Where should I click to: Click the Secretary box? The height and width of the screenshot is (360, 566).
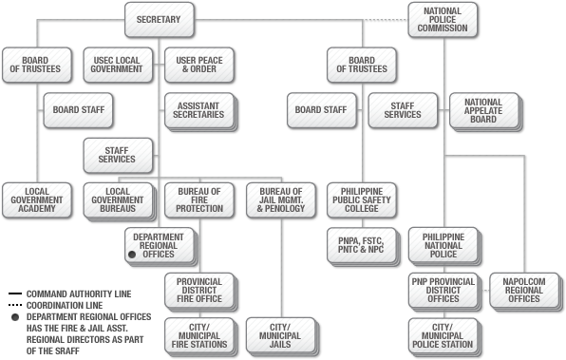click(x=159, y=20)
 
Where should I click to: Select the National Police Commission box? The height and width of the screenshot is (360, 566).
click(x=443, y=20)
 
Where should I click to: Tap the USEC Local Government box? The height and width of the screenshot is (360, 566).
click(x=116, y=64)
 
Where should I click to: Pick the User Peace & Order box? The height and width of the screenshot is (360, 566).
click(x=198, y=64)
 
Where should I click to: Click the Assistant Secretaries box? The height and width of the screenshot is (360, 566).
click(x=198, y=110)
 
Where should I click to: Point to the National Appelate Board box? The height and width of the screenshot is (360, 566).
click(x=483, y=110)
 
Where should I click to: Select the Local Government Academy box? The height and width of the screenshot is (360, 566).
click(x=36, y=199)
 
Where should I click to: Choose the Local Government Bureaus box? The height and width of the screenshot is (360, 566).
click(x=118, y=199)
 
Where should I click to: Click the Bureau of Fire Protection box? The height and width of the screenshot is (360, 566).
click(x=198, y=199)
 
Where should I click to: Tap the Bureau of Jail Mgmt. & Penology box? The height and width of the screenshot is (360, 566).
click(x=280, y=199)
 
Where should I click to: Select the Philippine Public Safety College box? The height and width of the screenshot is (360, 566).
click(x=362, y=199)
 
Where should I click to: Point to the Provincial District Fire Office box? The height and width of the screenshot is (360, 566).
click(x=198, y=289)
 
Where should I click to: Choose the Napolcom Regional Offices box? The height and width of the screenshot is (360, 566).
click(x=523, y=289)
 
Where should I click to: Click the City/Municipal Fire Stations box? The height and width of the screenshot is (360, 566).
click(x=198, y=333)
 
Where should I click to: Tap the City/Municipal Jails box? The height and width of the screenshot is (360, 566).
click(x=280, y=333)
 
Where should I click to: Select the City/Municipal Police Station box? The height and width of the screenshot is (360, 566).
click(x=443, y=333)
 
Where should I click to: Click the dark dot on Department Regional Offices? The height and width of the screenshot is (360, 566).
click(x=131, y=255)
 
